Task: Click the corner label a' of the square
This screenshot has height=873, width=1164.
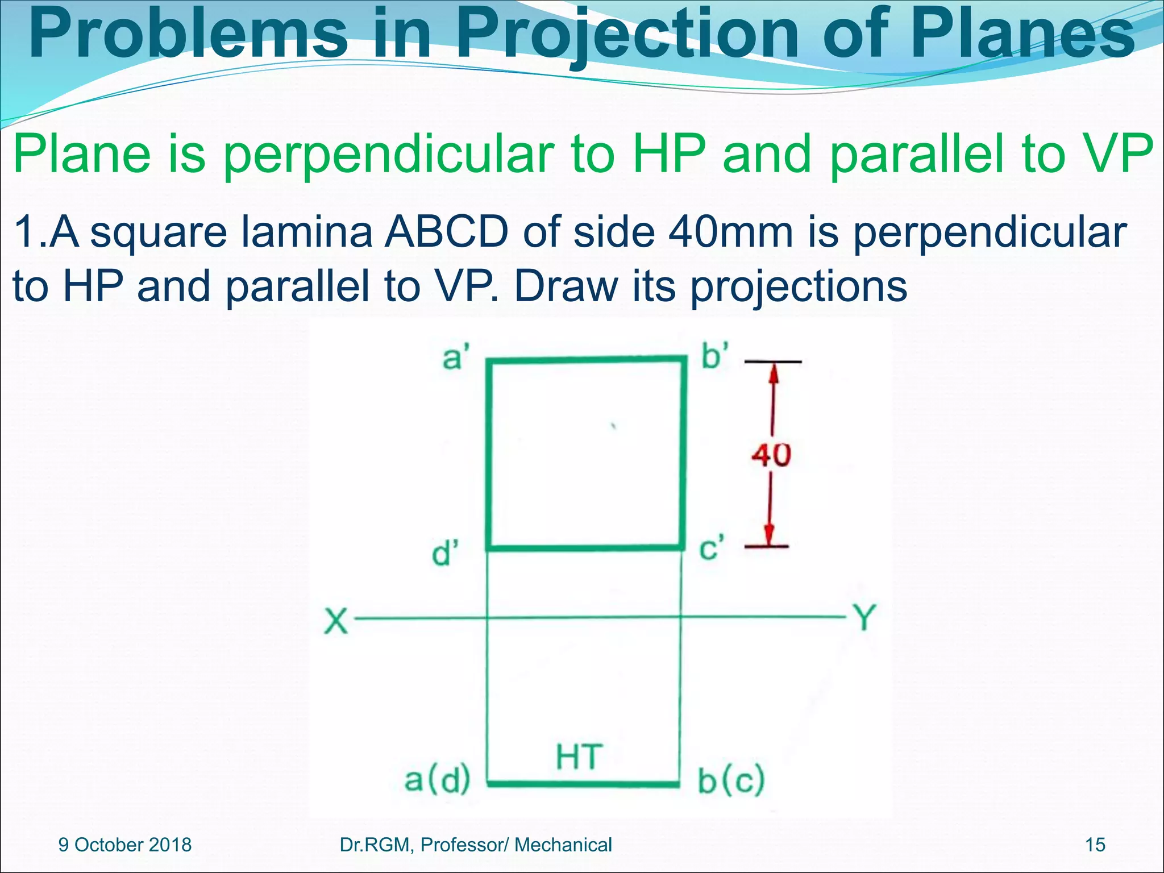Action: tap(455, 358)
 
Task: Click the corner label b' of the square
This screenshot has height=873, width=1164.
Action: tap(714, 356)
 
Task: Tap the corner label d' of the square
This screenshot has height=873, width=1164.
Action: tap(445, 552)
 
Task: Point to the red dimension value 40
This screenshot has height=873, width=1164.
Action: tap(771, 455)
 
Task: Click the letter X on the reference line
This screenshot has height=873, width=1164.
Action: tap(336, 621)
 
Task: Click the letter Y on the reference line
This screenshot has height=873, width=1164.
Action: tap(864, 617)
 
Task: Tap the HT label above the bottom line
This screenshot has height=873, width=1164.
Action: tap(579, 757)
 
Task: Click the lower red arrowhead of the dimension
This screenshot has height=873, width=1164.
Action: tap(769, 534)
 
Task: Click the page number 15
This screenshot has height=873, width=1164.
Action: tap(1095, 845)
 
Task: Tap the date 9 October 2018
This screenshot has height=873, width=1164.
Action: tap(125, 845)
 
